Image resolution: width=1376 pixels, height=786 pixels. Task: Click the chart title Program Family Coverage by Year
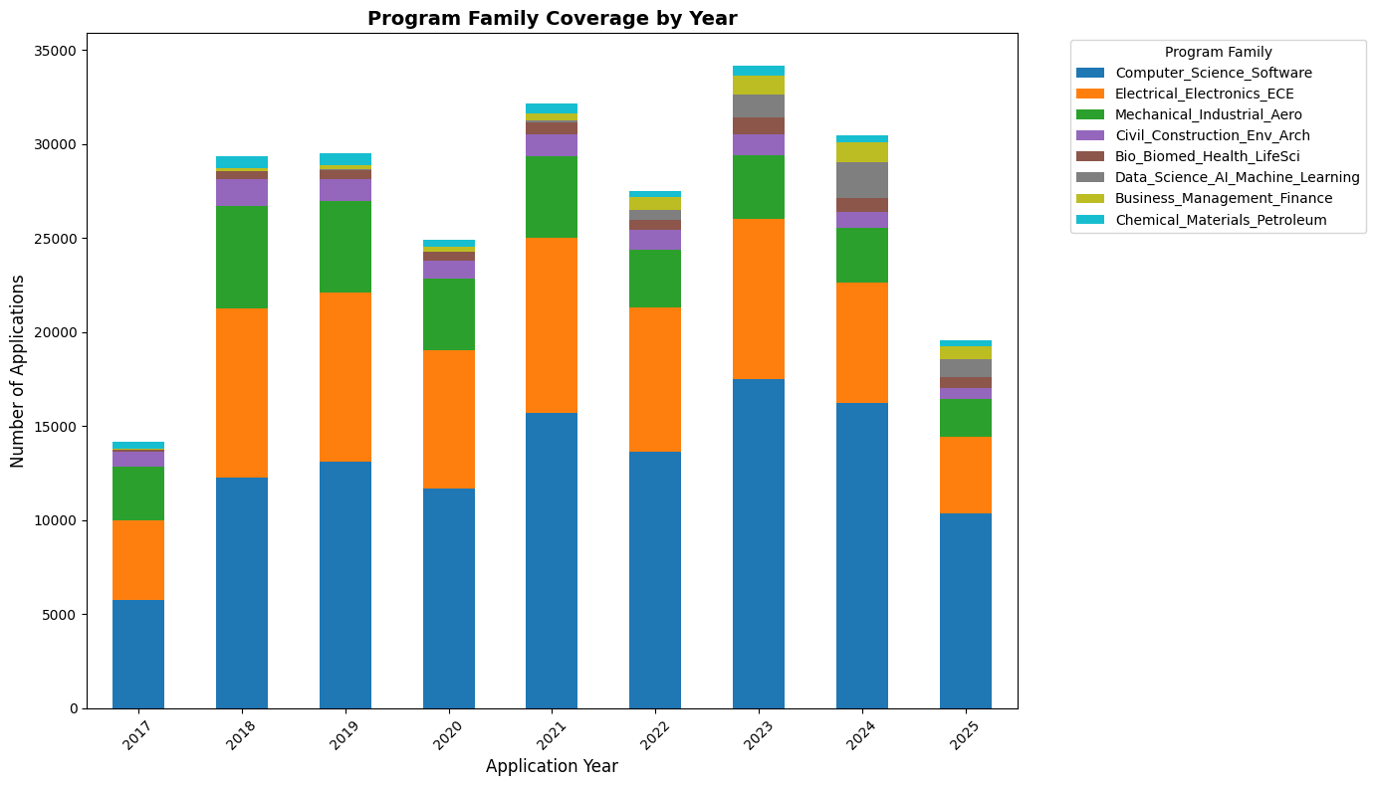click(x=552, y=18)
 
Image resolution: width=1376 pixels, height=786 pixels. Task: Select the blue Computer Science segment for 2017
click(x=138, y=654)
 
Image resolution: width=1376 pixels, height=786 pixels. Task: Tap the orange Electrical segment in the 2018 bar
click(x=242, y=393)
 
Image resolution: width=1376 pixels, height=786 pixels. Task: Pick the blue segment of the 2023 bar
click(x=759, y=543)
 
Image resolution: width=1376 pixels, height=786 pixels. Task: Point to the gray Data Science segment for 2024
click(x=862, y=180)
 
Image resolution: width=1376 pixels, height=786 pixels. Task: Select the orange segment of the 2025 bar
click(x=966, y=475)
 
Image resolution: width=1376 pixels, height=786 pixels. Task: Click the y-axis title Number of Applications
click(x=18, y=371)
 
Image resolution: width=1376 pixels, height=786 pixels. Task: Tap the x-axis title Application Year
click(x=552, y=766)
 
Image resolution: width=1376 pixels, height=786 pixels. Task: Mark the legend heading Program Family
click(x=1218, y=52)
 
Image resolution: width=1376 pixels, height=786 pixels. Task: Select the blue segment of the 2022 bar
click(x=655, y=580)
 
